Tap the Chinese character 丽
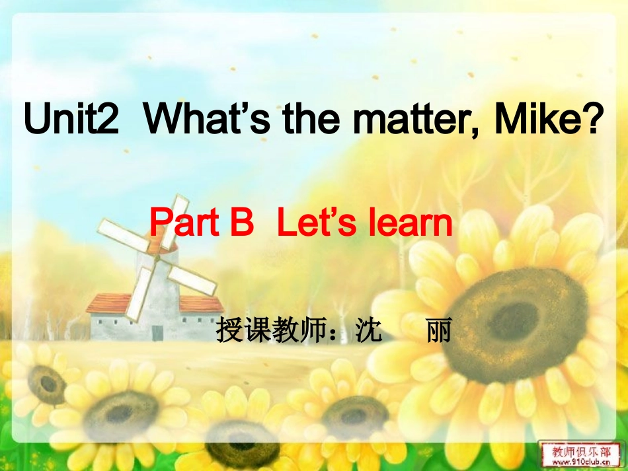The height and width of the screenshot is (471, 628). pyautogui.click(x=439, y=330)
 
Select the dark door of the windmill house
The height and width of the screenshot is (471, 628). pyautogui.click(x=157, y=332)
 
